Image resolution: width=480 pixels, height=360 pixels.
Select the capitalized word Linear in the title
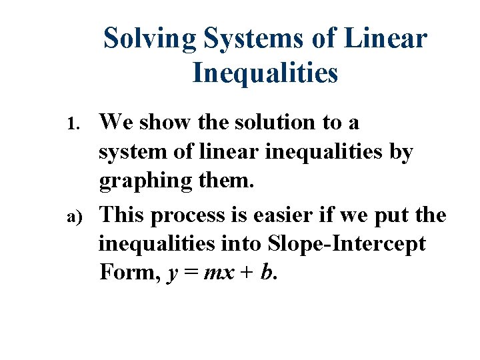coord(386,38)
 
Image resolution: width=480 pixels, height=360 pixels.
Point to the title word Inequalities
coord(265,73)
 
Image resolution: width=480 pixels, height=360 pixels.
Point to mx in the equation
coord(216,273)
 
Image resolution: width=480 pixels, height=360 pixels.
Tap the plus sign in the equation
coord(245,273)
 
